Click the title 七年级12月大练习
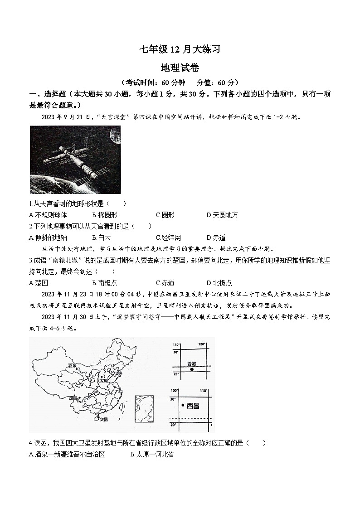[180, 49]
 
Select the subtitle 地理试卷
[180, 68]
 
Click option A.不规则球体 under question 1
[48, 215]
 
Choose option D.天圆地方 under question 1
[222, 215]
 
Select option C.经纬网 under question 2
[168, 238]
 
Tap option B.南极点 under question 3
[104, 283]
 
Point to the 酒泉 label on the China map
[71, 365]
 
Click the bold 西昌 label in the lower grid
[193, 406]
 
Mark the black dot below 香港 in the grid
[192, 369]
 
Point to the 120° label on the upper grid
[202, 344]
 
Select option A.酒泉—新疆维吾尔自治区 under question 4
[67, 454]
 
